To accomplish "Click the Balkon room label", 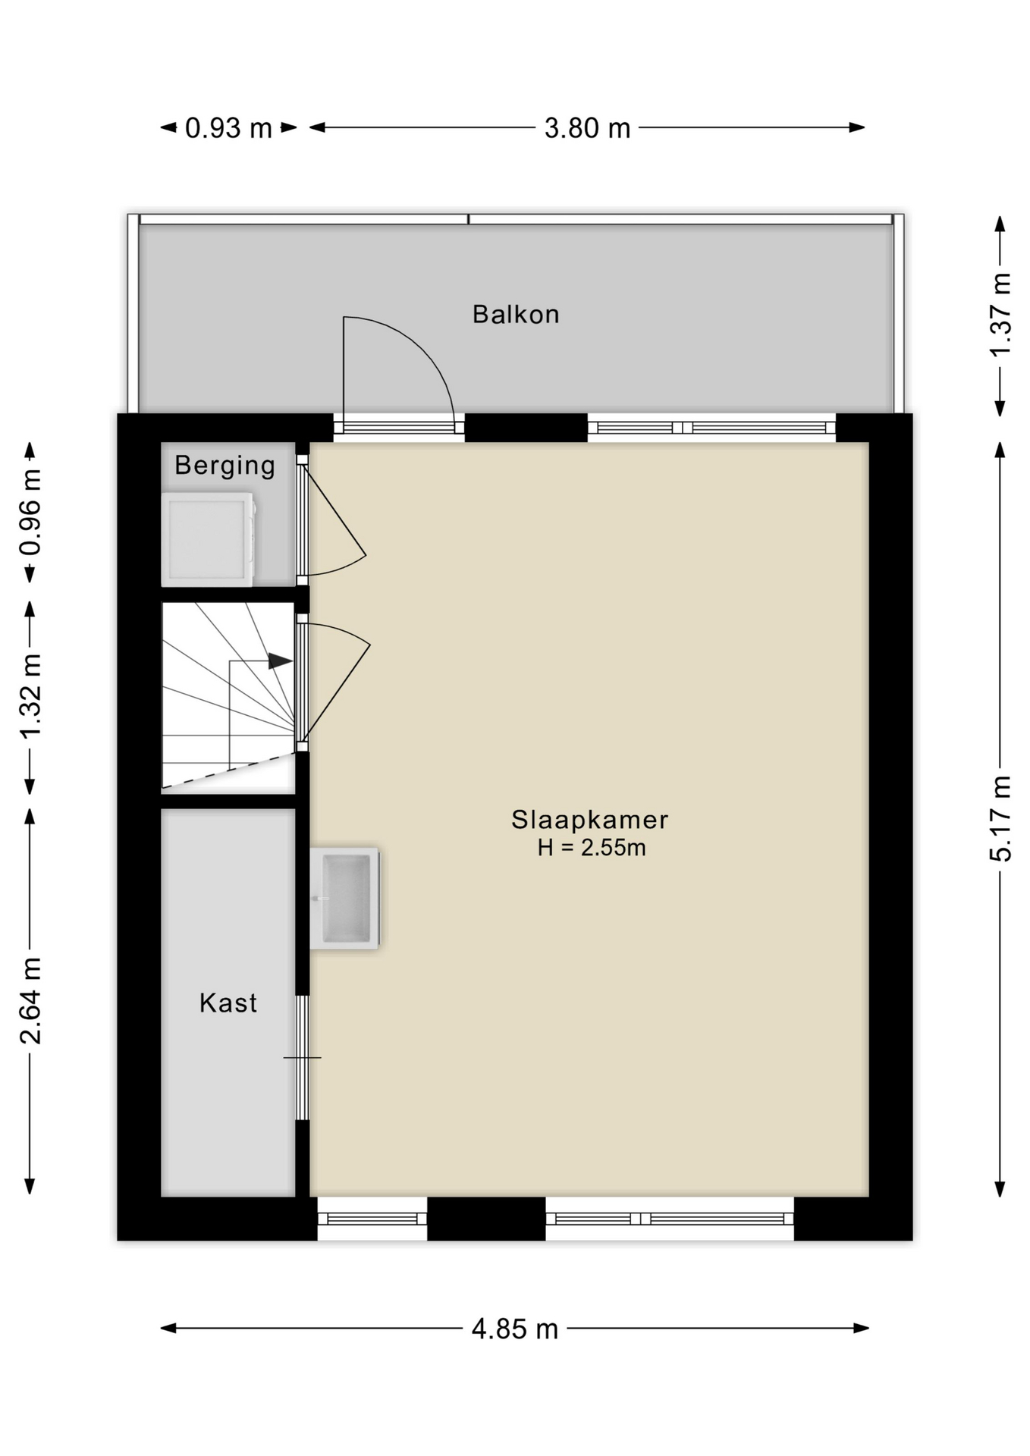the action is click(516, 314).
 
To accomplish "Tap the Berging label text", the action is click(225, 465).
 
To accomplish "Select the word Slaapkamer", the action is click(589, 819).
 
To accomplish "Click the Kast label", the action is click(228, 1003).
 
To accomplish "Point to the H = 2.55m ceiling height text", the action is click(592, 847).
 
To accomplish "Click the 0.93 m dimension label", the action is click(228, 128).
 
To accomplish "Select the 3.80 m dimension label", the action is click(587, 128).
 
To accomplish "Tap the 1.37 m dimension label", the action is click(1001, 315).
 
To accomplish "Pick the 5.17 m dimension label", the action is click(1001, 819).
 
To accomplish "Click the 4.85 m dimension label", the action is click(515, 1329).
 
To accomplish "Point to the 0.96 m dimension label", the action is click(31, 513).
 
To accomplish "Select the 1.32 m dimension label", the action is click(31, 695).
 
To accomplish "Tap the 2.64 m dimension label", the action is click(31, 1000).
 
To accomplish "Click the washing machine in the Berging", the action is click(208, 539).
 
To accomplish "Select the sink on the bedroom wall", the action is click(345, 898).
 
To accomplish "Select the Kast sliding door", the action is click(302, 1057).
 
